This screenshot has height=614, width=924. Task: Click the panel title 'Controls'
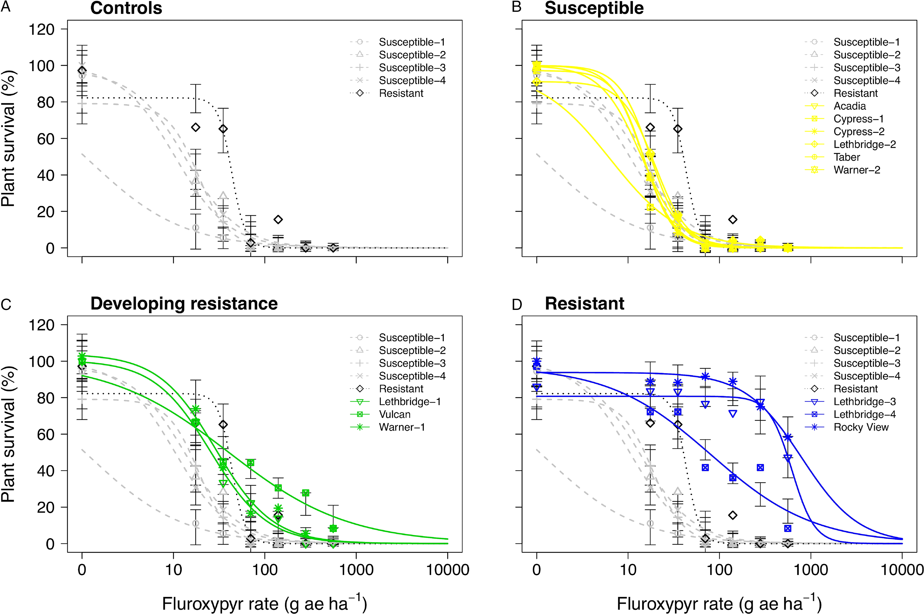pyautogui.click(x=126, y=8)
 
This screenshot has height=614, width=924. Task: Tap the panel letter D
pyautogui.click(x=517, y=304)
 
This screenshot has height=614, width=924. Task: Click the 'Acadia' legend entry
pyautogui.click(x=849, y=106)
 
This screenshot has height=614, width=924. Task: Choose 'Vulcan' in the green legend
pyautogui.click(x=395, y=414)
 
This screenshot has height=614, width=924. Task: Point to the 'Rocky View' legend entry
pyautogui.click(x=861, y=427)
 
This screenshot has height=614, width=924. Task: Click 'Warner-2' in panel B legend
pyautogui.click(x=857, y=170)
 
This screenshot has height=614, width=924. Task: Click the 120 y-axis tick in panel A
pyautogui.click(x=41, y=29)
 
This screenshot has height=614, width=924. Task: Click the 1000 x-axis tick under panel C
pyautogui.click(x=356, y=570)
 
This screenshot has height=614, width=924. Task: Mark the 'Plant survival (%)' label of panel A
pyautogui.click(x=8, y=139)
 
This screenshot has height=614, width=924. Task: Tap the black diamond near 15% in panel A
pyautogui.click(x=278, y=220)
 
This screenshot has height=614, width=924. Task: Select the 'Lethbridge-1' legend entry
pyautogui.click(x=410, y=402)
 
